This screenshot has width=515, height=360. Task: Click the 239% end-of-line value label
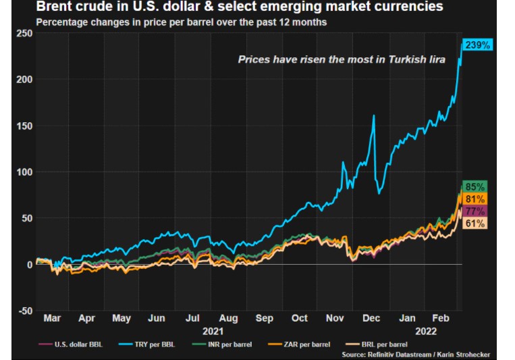click(478, 45)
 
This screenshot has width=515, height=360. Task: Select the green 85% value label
click(476, 186)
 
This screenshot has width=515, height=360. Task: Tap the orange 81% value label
click(476, 199)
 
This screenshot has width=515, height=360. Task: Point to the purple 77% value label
click(476, 212)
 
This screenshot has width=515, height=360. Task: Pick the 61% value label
click(476, 224)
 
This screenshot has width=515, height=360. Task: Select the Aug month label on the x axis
click(228, 318)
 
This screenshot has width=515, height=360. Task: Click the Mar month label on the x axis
click(52, 318)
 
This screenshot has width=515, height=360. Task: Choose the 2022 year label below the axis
click(427, 331)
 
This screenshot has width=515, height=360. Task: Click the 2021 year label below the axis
click(212, 331)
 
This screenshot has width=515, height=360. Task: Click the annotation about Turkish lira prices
click(342, 59)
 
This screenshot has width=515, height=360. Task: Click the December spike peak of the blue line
click(374, 115)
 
